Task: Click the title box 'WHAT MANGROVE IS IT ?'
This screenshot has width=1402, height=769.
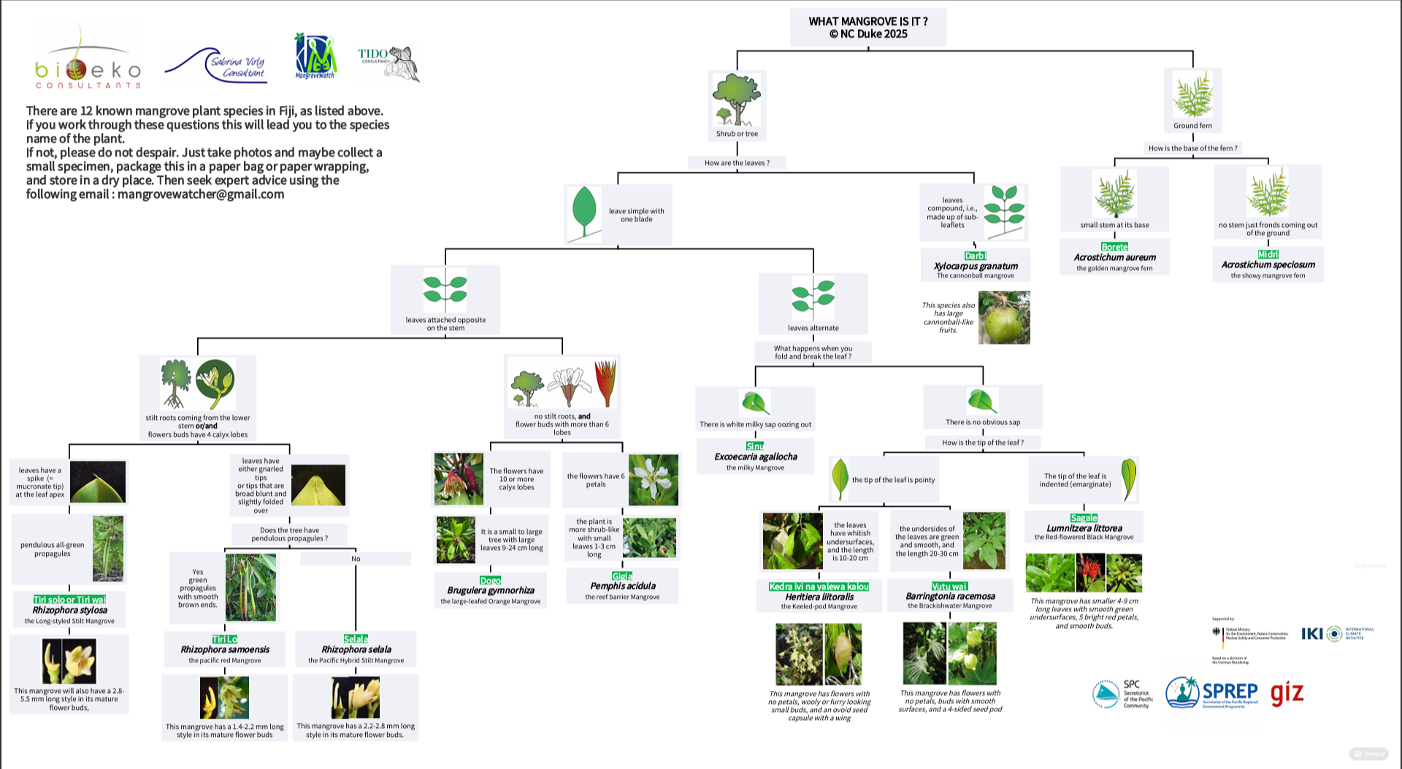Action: (868, 28)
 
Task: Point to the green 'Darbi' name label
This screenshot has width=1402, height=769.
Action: (975, 256)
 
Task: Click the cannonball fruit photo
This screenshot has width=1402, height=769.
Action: (1004, 318)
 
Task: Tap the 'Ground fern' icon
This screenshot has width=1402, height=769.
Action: (1192, 94)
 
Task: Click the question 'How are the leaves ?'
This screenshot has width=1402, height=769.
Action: (737, 163)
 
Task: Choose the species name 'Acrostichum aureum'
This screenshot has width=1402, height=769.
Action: (1114, 257)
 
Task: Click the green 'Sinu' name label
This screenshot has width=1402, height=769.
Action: (755, 446)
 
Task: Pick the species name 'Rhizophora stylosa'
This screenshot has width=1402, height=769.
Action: (69, 610)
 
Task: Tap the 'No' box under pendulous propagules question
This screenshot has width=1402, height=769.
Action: (356, 559)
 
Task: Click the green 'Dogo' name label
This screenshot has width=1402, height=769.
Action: (490, 581)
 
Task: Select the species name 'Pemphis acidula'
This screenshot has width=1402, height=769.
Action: (622, 586)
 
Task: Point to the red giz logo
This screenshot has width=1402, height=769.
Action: (1287, 692)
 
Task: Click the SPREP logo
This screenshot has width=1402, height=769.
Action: (1212, 692)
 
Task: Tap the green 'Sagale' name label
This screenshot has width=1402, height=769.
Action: (1084, 518)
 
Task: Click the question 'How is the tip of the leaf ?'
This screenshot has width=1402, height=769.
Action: (982, 443)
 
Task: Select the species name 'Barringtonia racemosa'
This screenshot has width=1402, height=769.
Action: (949, 596)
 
